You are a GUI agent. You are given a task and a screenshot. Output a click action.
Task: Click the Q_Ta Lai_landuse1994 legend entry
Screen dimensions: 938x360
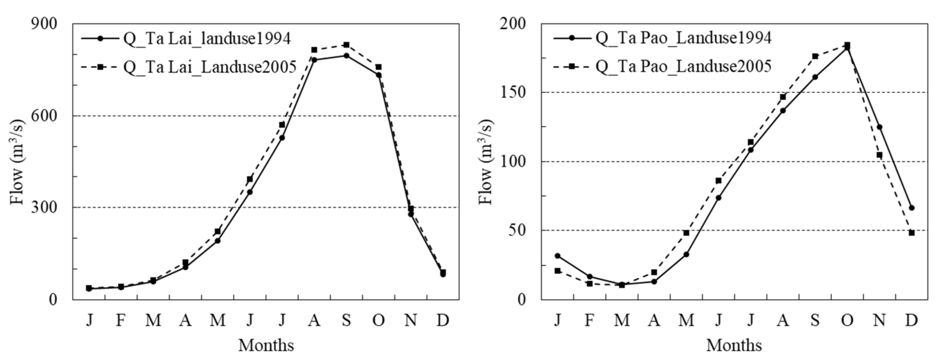pyautogui.click(x=186, y=39)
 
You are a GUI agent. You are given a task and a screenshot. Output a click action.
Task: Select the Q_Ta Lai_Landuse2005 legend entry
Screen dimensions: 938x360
pyautogui.click(x=189, y=67)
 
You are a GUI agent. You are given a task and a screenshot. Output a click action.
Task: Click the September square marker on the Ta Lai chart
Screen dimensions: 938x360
pyautogui.click(x=346, y=45)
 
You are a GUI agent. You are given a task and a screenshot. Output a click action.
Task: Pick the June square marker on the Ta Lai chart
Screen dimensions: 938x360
pyautogui.click(x=250, y=179)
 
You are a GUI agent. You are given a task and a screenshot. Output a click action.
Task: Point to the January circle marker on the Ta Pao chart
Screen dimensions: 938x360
pyautogui.click(x=557, y=256)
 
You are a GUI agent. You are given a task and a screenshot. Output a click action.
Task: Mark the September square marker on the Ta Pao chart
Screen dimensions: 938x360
pyautogui.click(x=815, y=56)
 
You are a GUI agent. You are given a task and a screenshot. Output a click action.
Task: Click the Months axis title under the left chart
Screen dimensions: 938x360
pyautogui.click(x=266, y=345)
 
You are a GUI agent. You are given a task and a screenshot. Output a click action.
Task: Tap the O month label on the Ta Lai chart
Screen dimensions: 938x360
pyautogui.click(x=378, y=320)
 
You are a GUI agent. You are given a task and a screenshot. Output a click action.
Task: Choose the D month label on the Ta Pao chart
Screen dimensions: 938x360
pyautogui.click(x=912, y=320)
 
